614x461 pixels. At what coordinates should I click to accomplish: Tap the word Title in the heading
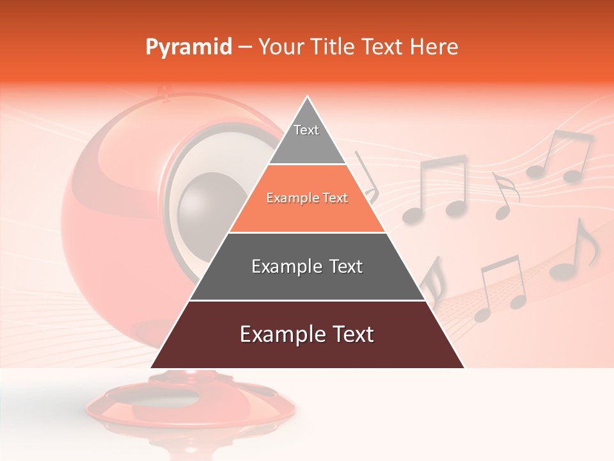[x=336, y=47]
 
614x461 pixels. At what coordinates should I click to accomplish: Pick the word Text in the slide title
[x=383, y=47]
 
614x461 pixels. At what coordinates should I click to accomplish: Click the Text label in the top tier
[x=306, y=130]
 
